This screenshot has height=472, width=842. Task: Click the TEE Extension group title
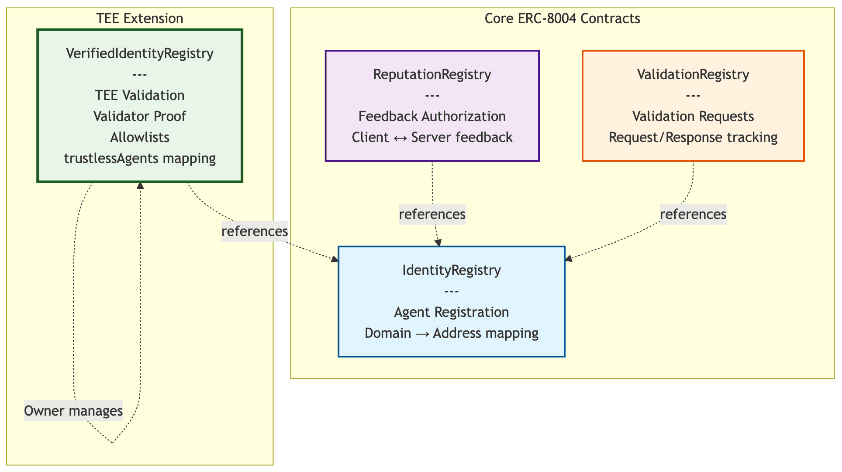click(140, 19)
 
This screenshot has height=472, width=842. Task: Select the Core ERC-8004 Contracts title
click(562, 19)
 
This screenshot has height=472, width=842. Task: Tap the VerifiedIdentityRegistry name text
click(140, 53)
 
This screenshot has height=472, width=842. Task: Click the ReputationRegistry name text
click(432, 74)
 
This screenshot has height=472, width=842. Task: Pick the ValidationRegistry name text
click(693, 74)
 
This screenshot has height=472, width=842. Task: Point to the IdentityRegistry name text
click(452, 270)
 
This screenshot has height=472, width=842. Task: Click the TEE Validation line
click(140, 95)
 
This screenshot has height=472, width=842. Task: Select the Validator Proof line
click(140, 116)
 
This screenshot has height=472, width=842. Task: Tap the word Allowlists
click(140, 137)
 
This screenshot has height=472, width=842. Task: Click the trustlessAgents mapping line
click(140, 158)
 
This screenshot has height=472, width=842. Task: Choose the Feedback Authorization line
click(432, 116)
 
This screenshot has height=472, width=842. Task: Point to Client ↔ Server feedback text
click(432, 137)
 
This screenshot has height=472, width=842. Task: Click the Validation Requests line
click(693, 116)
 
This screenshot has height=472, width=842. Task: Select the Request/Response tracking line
click(693, 137)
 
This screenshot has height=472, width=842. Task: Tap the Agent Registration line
click(452, 312)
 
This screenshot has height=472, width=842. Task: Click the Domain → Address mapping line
click(452, 333)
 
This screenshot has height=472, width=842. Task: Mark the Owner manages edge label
click(73, 411)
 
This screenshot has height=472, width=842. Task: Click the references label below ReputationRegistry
click(432, 214)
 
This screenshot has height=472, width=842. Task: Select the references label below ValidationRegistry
click(693, 214)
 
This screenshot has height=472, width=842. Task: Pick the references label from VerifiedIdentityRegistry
click(255, 231)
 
